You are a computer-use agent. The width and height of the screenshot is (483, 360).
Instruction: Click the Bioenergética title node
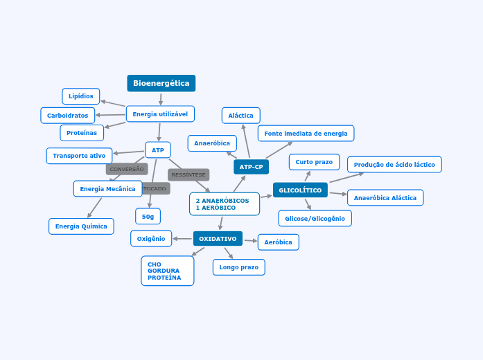tap(161, 83)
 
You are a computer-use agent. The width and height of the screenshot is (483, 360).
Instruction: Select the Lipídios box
tap(81, 96)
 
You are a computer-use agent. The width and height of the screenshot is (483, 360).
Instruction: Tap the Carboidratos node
tap(67, 115)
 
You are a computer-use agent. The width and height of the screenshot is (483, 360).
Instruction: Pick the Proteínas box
tap(82, 132)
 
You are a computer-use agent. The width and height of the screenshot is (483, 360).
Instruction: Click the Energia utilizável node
tap(160, 114)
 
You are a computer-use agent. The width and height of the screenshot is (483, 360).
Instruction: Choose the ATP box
tap(158, 150)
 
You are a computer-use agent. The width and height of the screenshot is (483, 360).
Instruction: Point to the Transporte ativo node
tap(79, 156)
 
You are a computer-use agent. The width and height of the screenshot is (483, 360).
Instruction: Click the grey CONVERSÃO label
tap(127, 169)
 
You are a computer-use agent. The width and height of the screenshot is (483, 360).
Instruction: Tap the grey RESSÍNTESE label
tap(188, 174)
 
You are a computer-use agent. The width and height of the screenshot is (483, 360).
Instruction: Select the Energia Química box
tap(81, 226)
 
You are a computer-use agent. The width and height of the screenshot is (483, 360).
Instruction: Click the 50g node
tap(148, 217)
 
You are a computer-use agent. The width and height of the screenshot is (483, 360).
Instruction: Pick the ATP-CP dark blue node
tap(251, 167)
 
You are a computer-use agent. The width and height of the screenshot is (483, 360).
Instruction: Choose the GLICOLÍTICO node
tap(300, 190)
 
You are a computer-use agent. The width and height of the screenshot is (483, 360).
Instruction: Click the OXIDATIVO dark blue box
tap(218, 239)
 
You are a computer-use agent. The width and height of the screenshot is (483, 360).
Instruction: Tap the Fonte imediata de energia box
tap(306, 133)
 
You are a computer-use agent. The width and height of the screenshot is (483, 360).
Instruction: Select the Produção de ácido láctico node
tap(394, 165)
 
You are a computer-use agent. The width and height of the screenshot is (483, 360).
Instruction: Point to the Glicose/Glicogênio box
tap(315, 218)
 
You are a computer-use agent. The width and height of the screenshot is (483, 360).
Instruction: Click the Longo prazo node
tap(238, 267)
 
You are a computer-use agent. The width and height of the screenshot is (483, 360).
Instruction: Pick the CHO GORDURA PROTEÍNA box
tap(167, 271)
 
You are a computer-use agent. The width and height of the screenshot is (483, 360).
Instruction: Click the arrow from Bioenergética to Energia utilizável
tap(161, 99)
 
